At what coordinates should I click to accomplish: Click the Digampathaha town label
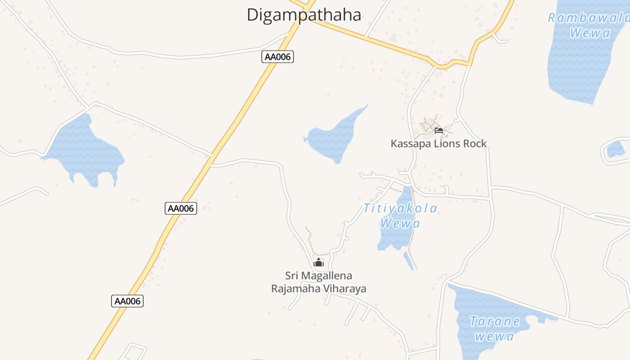click(304, 15)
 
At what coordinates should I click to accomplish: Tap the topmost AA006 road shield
click(278, 57)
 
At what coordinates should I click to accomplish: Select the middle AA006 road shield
click(181, 208)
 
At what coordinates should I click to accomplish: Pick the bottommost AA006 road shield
click(127, 301)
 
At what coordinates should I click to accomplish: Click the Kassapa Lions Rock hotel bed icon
click(439, 131)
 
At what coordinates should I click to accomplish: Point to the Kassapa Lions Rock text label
click(438, 144)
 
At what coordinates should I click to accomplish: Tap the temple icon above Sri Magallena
click(319, 262)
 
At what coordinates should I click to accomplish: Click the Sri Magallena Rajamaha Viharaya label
click(319, 282)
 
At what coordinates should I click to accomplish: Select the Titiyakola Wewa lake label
click(400, 216)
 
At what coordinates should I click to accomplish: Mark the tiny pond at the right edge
click(616, 149)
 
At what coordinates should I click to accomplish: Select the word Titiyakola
click(400, 209)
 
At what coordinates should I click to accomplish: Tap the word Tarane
click(495, 322)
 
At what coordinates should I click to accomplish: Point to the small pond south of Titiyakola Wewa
click(409, 261)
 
